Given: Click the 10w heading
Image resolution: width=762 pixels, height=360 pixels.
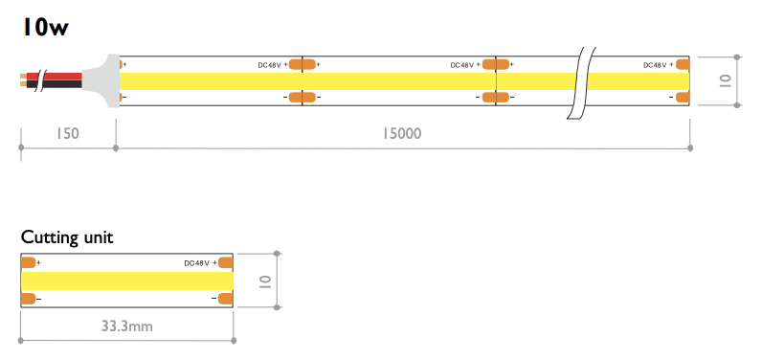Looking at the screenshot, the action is [x=45, y=27].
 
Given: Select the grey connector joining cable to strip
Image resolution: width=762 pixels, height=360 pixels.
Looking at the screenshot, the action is [x=101, y=80].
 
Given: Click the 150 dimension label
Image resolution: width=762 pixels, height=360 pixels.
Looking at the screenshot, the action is [x=66, y=133].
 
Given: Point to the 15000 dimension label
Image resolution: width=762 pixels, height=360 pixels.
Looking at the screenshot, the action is [x=401, y=133].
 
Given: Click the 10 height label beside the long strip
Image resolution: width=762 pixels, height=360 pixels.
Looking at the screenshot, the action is [x=725, y=80].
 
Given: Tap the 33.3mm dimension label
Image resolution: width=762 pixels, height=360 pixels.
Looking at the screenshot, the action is [x=126, y=326].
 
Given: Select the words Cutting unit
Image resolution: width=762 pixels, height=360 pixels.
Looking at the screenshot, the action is [x=67, y=237].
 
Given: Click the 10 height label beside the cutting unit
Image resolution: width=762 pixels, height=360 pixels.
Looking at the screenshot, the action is [x=265, y=281].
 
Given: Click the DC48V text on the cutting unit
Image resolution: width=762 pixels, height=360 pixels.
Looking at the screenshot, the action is [x=197, y=263].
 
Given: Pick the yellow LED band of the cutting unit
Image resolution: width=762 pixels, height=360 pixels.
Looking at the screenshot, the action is [x=127, y=281].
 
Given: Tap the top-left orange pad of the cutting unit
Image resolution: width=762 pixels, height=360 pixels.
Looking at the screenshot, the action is [x=28, y=263].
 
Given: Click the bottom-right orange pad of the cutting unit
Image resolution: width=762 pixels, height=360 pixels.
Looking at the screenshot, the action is [x=226, y=299].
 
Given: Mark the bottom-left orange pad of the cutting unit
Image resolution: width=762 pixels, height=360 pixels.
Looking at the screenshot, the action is [x=28, y=299].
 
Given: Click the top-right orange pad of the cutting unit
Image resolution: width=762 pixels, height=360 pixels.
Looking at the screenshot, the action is [x=226, y=263].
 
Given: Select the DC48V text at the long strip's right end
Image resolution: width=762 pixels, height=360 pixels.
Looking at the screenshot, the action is [x=656, y=65].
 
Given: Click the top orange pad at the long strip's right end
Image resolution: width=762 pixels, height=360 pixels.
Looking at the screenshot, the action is [x=683, y=64].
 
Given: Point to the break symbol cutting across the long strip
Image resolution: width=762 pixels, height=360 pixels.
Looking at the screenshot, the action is [x=582, y=82].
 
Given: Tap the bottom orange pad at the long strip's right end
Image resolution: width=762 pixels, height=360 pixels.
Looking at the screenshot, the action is [x=683, y=97].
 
